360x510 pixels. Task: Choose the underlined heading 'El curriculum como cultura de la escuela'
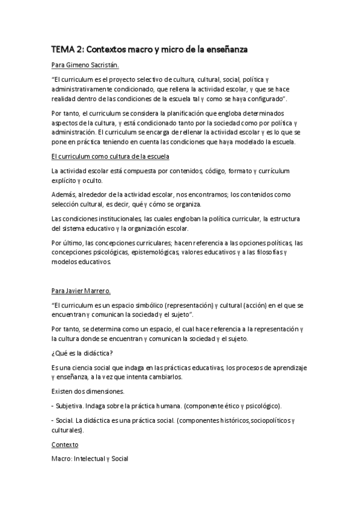[x=111, y=156]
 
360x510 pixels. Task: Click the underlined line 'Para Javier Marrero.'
[x=82, y=291]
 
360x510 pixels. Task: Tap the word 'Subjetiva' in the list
[x=71, y=405]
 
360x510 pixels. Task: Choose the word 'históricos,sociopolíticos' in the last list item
[x=255, y=420]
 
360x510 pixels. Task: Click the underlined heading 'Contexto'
[x=65, y=445]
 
